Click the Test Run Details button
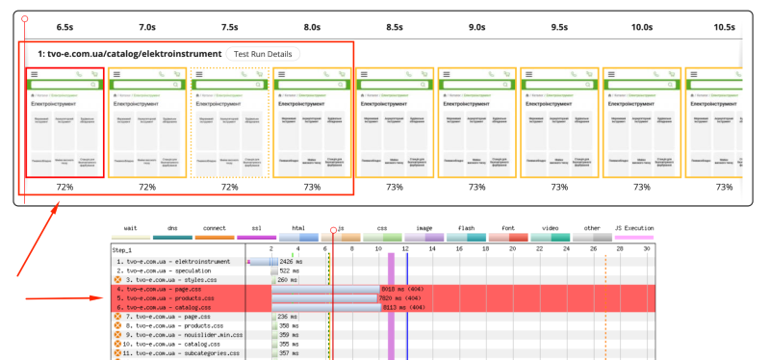point(262,54)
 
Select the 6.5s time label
point(65,27)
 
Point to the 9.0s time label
point(476,27)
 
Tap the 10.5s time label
point(724,27)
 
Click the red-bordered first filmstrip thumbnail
point(64,122)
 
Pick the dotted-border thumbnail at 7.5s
point(229,122)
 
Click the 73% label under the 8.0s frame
point(312,187)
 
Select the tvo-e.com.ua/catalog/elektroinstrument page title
point(129,54)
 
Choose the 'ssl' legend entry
point(255,228)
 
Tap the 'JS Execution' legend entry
point(633,228)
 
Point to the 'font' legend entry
point(506,228)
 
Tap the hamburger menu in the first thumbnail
point(34,74)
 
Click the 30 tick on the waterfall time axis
point(648,248)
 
